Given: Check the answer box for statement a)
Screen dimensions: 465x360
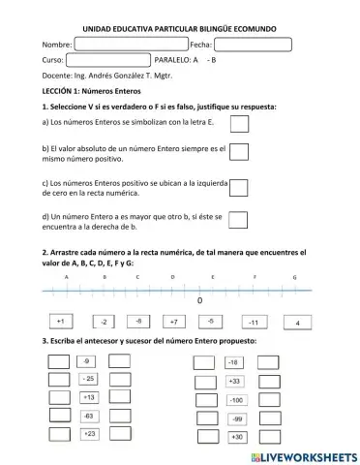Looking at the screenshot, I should pos(239,123).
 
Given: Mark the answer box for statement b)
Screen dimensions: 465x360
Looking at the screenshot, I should pos(239,152).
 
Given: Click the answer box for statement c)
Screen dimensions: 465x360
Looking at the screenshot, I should pos(239,186).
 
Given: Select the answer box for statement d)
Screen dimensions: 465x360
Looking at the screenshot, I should pos(239,220).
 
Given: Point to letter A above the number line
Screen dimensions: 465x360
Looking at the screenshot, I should pos(67,277).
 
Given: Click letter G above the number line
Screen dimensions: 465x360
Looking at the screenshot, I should pos(294,277).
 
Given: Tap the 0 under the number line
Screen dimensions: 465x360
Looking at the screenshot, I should pos(199,301).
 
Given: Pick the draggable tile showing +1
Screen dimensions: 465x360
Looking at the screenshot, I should pos(60,321).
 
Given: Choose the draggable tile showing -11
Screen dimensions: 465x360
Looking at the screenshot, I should pos(254,322).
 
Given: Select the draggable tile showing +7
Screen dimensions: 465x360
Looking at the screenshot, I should pos(174,321).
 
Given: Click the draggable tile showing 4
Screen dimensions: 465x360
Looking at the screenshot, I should pos(298,322).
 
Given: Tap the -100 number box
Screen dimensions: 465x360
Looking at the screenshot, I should pos(235,399).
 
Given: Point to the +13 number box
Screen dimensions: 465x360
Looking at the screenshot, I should pos(89,397).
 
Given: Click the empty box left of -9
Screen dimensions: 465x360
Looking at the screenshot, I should pos(58,361).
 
